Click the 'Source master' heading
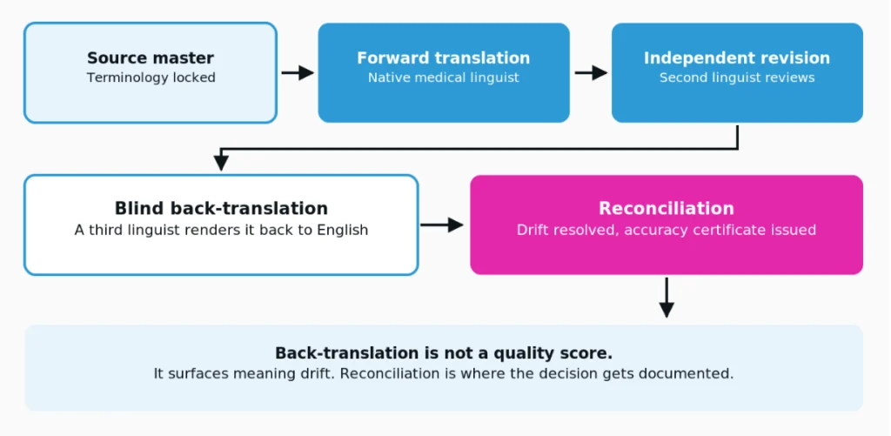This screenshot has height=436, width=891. coord(151,58)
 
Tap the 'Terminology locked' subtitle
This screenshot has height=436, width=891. coord(151,77)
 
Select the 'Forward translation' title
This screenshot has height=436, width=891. coord(443,58)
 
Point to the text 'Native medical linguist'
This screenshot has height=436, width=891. coord(443,77)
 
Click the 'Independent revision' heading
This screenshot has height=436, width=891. coord(737,58)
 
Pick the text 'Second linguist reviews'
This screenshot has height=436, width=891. coord(737,77)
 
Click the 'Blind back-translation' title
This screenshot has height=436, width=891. coord(221,208)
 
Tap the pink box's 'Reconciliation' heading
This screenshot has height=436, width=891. coord(667,208)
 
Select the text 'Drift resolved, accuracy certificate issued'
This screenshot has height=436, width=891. coord(667,230)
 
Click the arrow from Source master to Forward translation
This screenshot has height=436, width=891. coord(298,73)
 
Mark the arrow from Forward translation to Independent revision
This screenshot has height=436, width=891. coord(591,73)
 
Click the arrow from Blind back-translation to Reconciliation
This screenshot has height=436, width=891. coord(442,225)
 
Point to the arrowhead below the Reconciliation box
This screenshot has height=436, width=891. coord(667,310)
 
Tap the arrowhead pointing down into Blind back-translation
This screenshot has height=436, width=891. coord(221,163)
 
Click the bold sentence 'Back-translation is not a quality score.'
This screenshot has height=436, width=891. coord(444,353)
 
